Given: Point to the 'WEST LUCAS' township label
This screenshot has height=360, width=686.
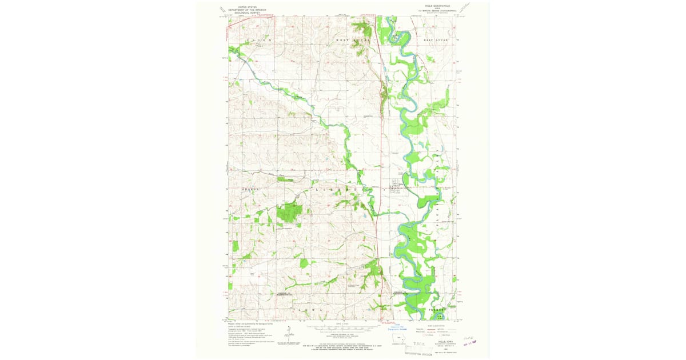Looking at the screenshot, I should click(x=353, y=41).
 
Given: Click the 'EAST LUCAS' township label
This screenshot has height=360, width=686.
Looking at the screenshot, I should click(x=433, y=41).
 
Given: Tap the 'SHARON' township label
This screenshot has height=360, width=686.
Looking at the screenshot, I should click(x=250, y=189).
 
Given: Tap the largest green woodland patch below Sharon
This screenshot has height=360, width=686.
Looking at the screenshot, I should click(x=290, y=212).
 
